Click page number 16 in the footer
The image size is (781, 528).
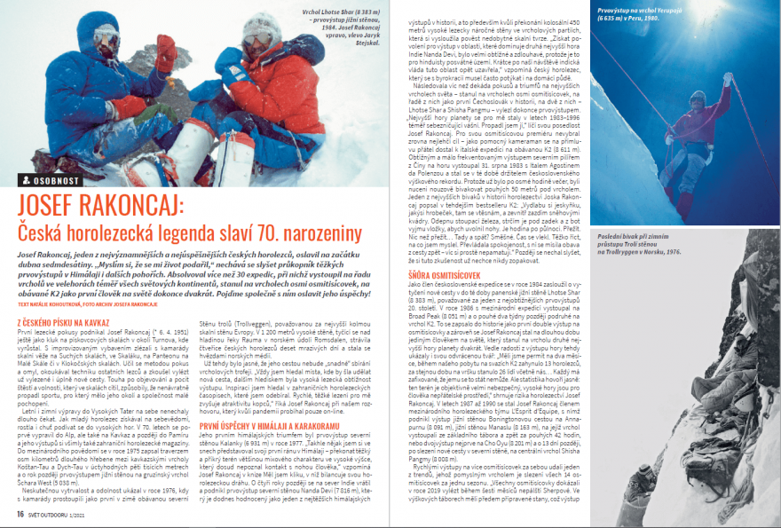(x=19, y=512)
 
